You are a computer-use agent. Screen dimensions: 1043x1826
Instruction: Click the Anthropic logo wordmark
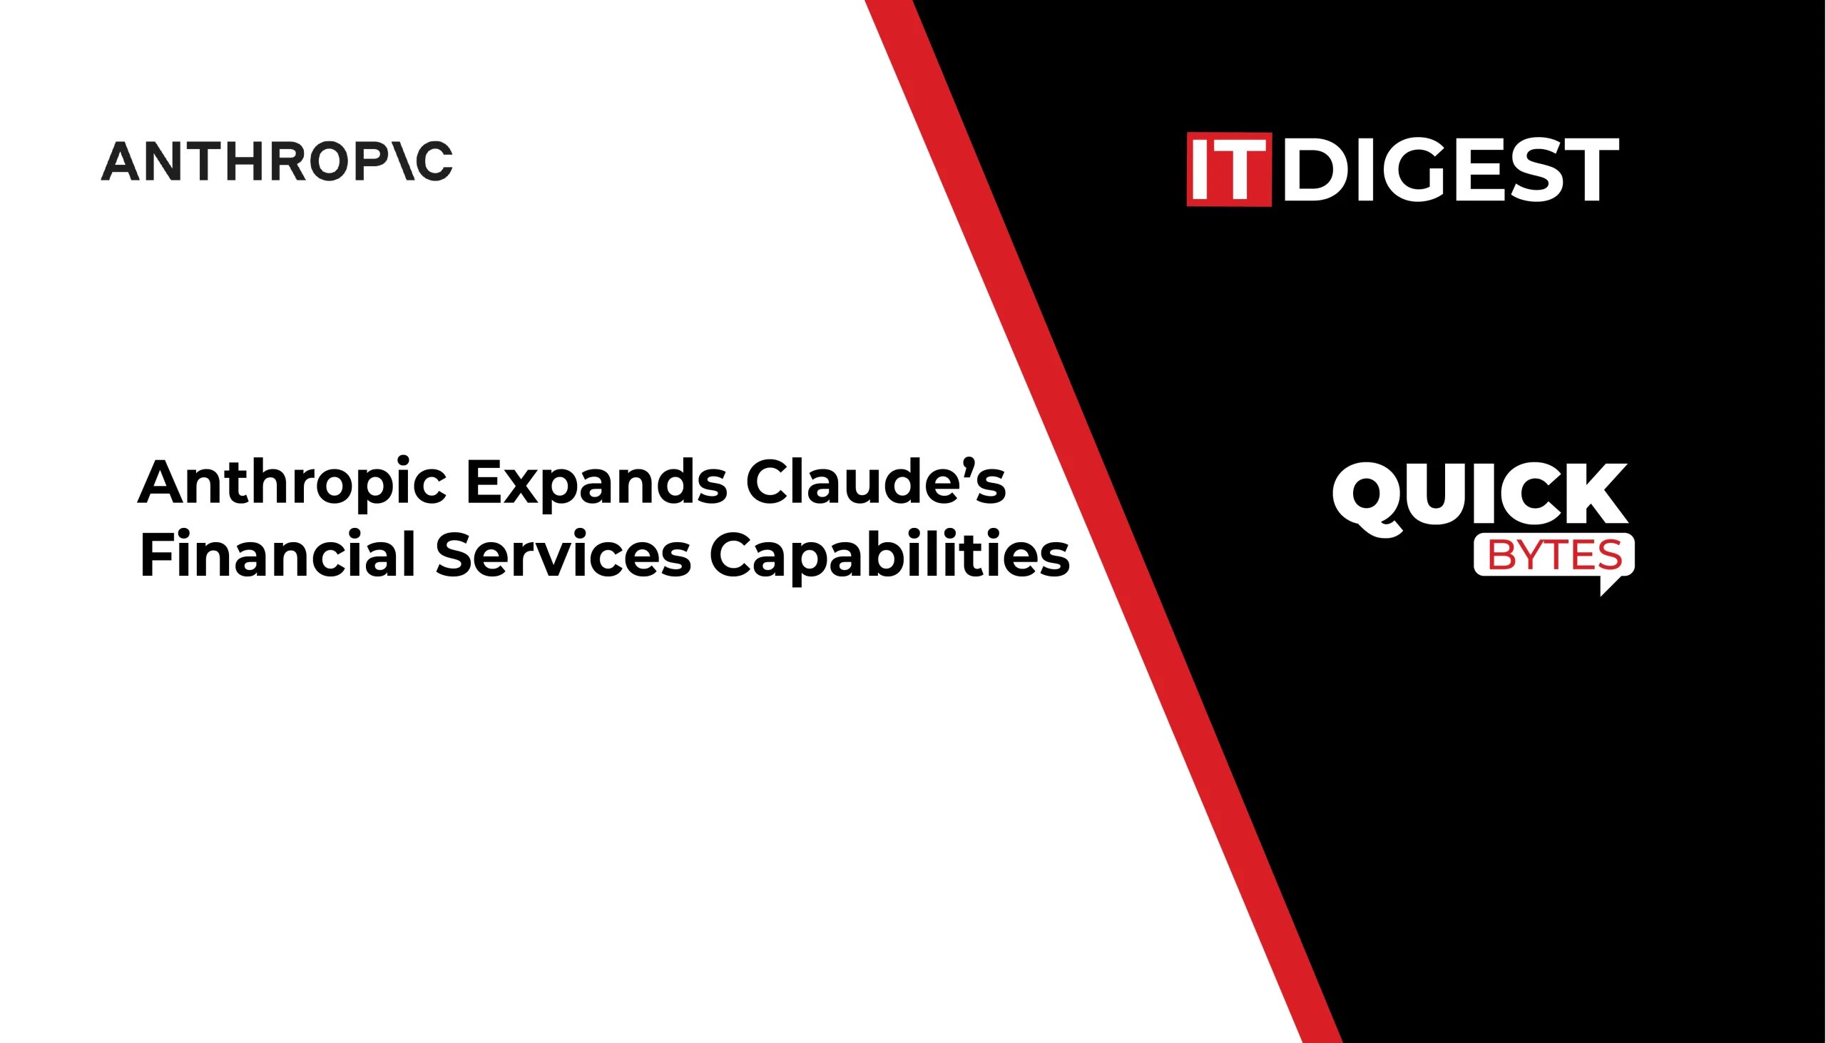point(277,161)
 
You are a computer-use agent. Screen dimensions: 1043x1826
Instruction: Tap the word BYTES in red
point(1555,555)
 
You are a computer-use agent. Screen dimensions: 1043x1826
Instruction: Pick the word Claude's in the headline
point(875,482)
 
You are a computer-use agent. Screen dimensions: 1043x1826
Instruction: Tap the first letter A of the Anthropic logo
point(120,161)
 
